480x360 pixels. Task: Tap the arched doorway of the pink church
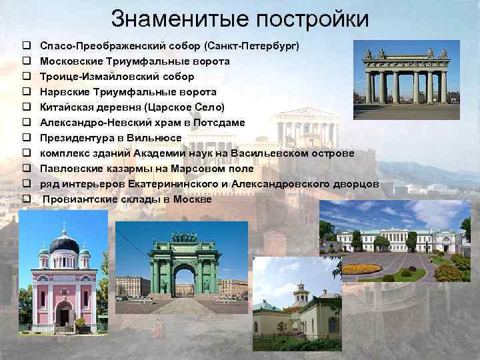coord(64,313)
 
